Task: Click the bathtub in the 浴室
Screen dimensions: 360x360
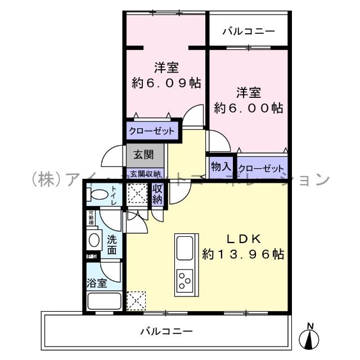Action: [x=104, y=301]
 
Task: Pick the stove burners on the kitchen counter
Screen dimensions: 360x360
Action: [x=184, y=279]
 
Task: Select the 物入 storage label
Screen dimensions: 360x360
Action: [x=220, y=166]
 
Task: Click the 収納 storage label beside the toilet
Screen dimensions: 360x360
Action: [x=157, y=193]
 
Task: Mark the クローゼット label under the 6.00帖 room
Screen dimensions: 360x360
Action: [x=261, y=168]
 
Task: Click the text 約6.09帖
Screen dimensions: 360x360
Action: [x=166, y=83]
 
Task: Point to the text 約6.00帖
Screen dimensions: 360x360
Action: [x=248, y=107]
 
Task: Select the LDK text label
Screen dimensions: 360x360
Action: [x=243, y=237]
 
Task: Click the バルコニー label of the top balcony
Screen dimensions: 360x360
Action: [x=248, y=31]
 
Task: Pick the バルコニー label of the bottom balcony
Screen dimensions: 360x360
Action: [x=166, y=331]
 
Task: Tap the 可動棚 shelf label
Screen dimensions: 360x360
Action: [x=91, y=218]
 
